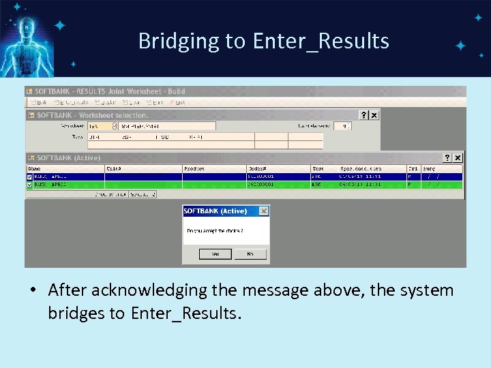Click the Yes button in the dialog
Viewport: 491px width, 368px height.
[215, 254]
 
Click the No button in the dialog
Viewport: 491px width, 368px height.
[250, 254]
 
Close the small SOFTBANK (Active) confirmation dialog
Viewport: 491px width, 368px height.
[264, 211]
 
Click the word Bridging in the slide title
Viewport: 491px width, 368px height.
[179, 42]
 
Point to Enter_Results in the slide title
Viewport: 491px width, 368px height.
[321, 42]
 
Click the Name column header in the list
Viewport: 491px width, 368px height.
[35, 168]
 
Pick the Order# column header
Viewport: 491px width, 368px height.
[257, 168]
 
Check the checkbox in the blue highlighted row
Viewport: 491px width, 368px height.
[29, 176]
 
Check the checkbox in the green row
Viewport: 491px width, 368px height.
[29, 183]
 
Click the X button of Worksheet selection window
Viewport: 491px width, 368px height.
[374, 115]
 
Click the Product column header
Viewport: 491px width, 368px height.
[194, 168]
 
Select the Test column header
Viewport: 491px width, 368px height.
[318, 168]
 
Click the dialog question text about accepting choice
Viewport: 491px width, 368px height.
[215, 231]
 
